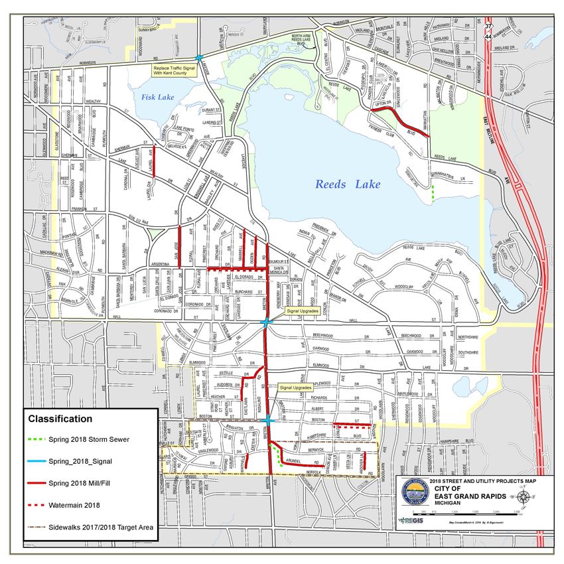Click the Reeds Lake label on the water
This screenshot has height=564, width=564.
pos(348,184)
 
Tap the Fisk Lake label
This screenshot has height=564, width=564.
pos(157,97)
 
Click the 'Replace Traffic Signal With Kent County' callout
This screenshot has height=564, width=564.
pos(175,70)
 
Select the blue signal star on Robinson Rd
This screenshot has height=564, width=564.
pos(199,58)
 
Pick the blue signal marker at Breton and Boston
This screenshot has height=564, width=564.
pos(266,421)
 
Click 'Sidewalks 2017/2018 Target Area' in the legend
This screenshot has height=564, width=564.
pos(101,528)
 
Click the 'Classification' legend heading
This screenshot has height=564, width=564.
pos(60,419)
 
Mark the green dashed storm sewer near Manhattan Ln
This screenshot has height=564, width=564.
pos(433,194)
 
